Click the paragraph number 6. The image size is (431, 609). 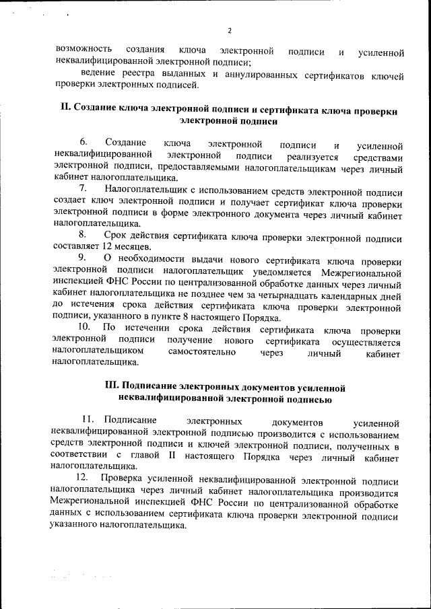84,143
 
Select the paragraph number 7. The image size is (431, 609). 83,189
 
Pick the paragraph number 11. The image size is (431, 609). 87,421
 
